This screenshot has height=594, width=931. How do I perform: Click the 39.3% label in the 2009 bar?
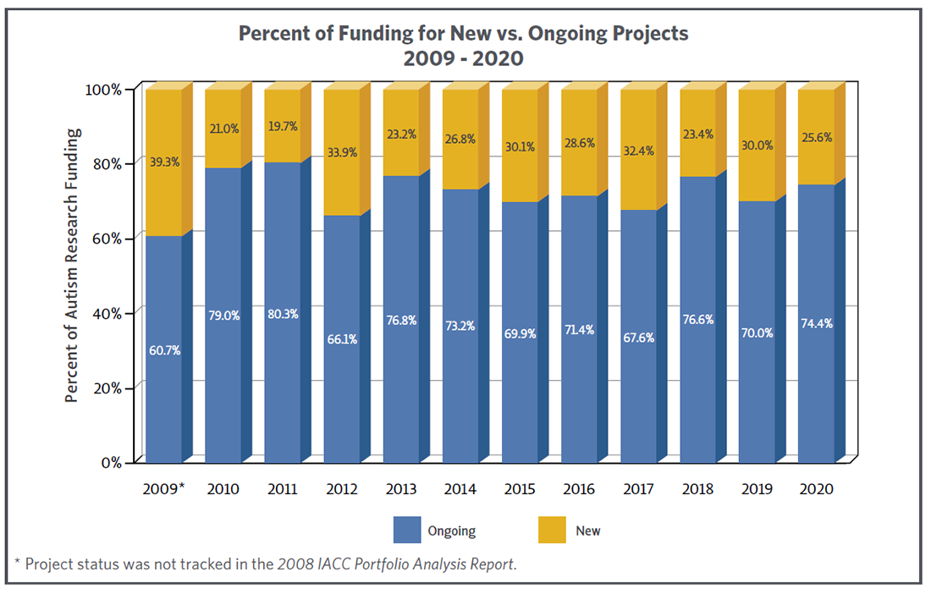pyautogui.click(x=164, y=162)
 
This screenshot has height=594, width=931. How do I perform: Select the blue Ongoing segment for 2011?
pyautogui.click(x=282, y=381)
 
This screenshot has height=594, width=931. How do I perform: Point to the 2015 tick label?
pyautogui.click(x=519, y=489)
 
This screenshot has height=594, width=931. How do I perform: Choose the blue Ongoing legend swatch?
pyautogui.click(x=407, y=531)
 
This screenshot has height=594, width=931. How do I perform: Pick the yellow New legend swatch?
pyautogui.click(x=551, y=531)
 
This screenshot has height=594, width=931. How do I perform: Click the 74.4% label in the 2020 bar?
pyautogui.click(x=816, y=322)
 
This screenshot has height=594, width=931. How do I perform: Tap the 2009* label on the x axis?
pyautogui.click(x=163, y=489)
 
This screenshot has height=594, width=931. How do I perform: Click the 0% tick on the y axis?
pyautogui.click(x=113, y=462)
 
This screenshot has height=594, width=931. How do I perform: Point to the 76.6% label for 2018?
pyautogui.click(x=697, y=319)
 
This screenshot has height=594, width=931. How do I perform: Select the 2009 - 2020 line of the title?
pyautogui.click(x=463, y=58)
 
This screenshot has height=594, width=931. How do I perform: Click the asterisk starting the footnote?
pyautogui.click(x=18, y=563)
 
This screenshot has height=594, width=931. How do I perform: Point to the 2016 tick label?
pyautogui.click(x=578, y=489)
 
